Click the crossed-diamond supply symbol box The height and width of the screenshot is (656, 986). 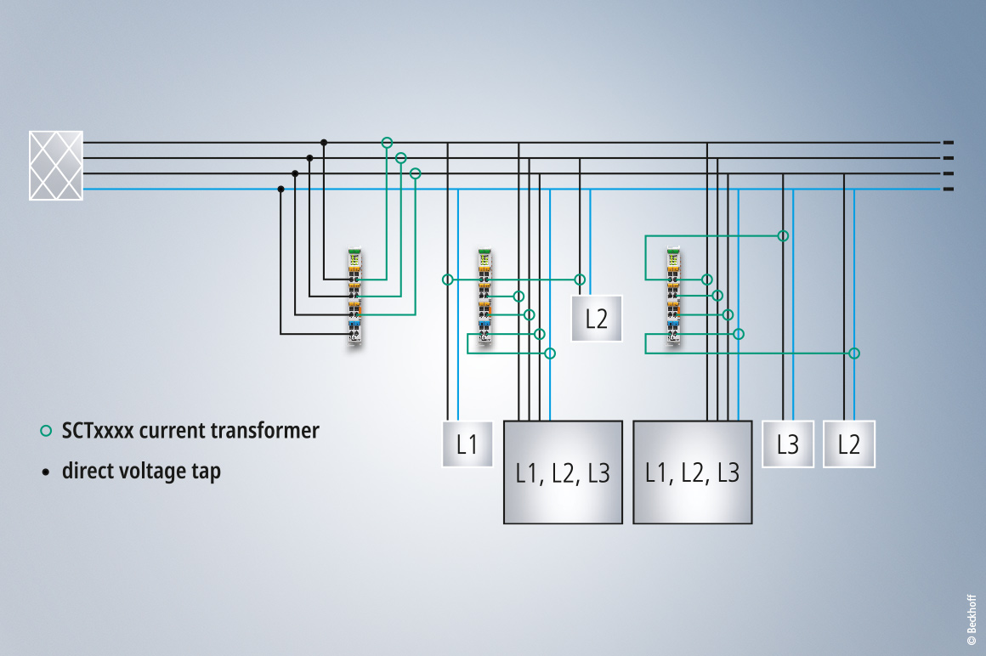[x=56, y=166]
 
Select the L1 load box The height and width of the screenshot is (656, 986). [x=467, y=444]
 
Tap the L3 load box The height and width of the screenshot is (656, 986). [x=788, y=444]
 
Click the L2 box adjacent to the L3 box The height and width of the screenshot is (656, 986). [x=849, y=444]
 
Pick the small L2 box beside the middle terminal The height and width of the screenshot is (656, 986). [x=597, y=319]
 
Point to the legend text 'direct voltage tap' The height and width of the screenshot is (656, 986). [x=141, y=471]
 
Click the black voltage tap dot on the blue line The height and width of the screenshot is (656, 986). [x=280, y=189]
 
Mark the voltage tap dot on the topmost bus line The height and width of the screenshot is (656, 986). [x=324, y=143]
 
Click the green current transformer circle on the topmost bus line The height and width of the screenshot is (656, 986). [x=387, y=143]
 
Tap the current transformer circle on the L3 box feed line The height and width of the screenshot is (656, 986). [x=784, y=235]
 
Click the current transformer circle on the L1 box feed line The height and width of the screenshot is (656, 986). [x=448, y=280]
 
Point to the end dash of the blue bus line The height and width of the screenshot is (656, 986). [x=949, y=189]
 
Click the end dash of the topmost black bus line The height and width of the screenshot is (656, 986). [x=949, y=143]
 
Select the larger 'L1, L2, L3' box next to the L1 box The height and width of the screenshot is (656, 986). [x=564, y=472]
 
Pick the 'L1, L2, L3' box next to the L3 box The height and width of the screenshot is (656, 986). [x=692, y=472]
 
